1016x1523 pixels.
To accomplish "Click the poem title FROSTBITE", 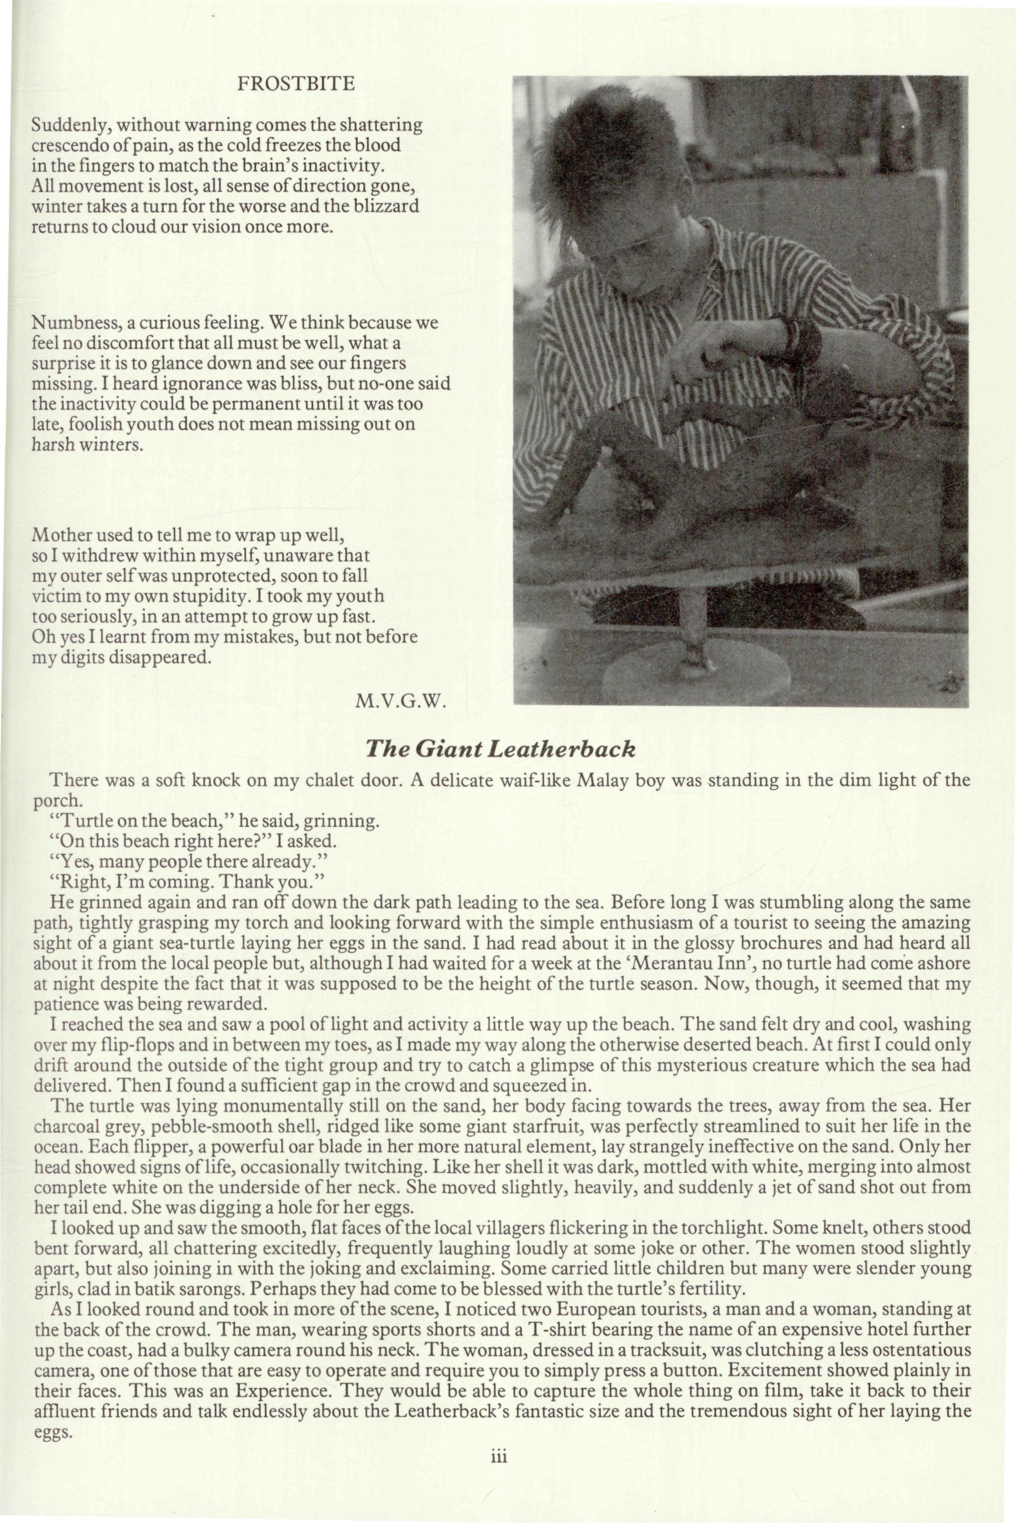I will pos(296,84).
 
